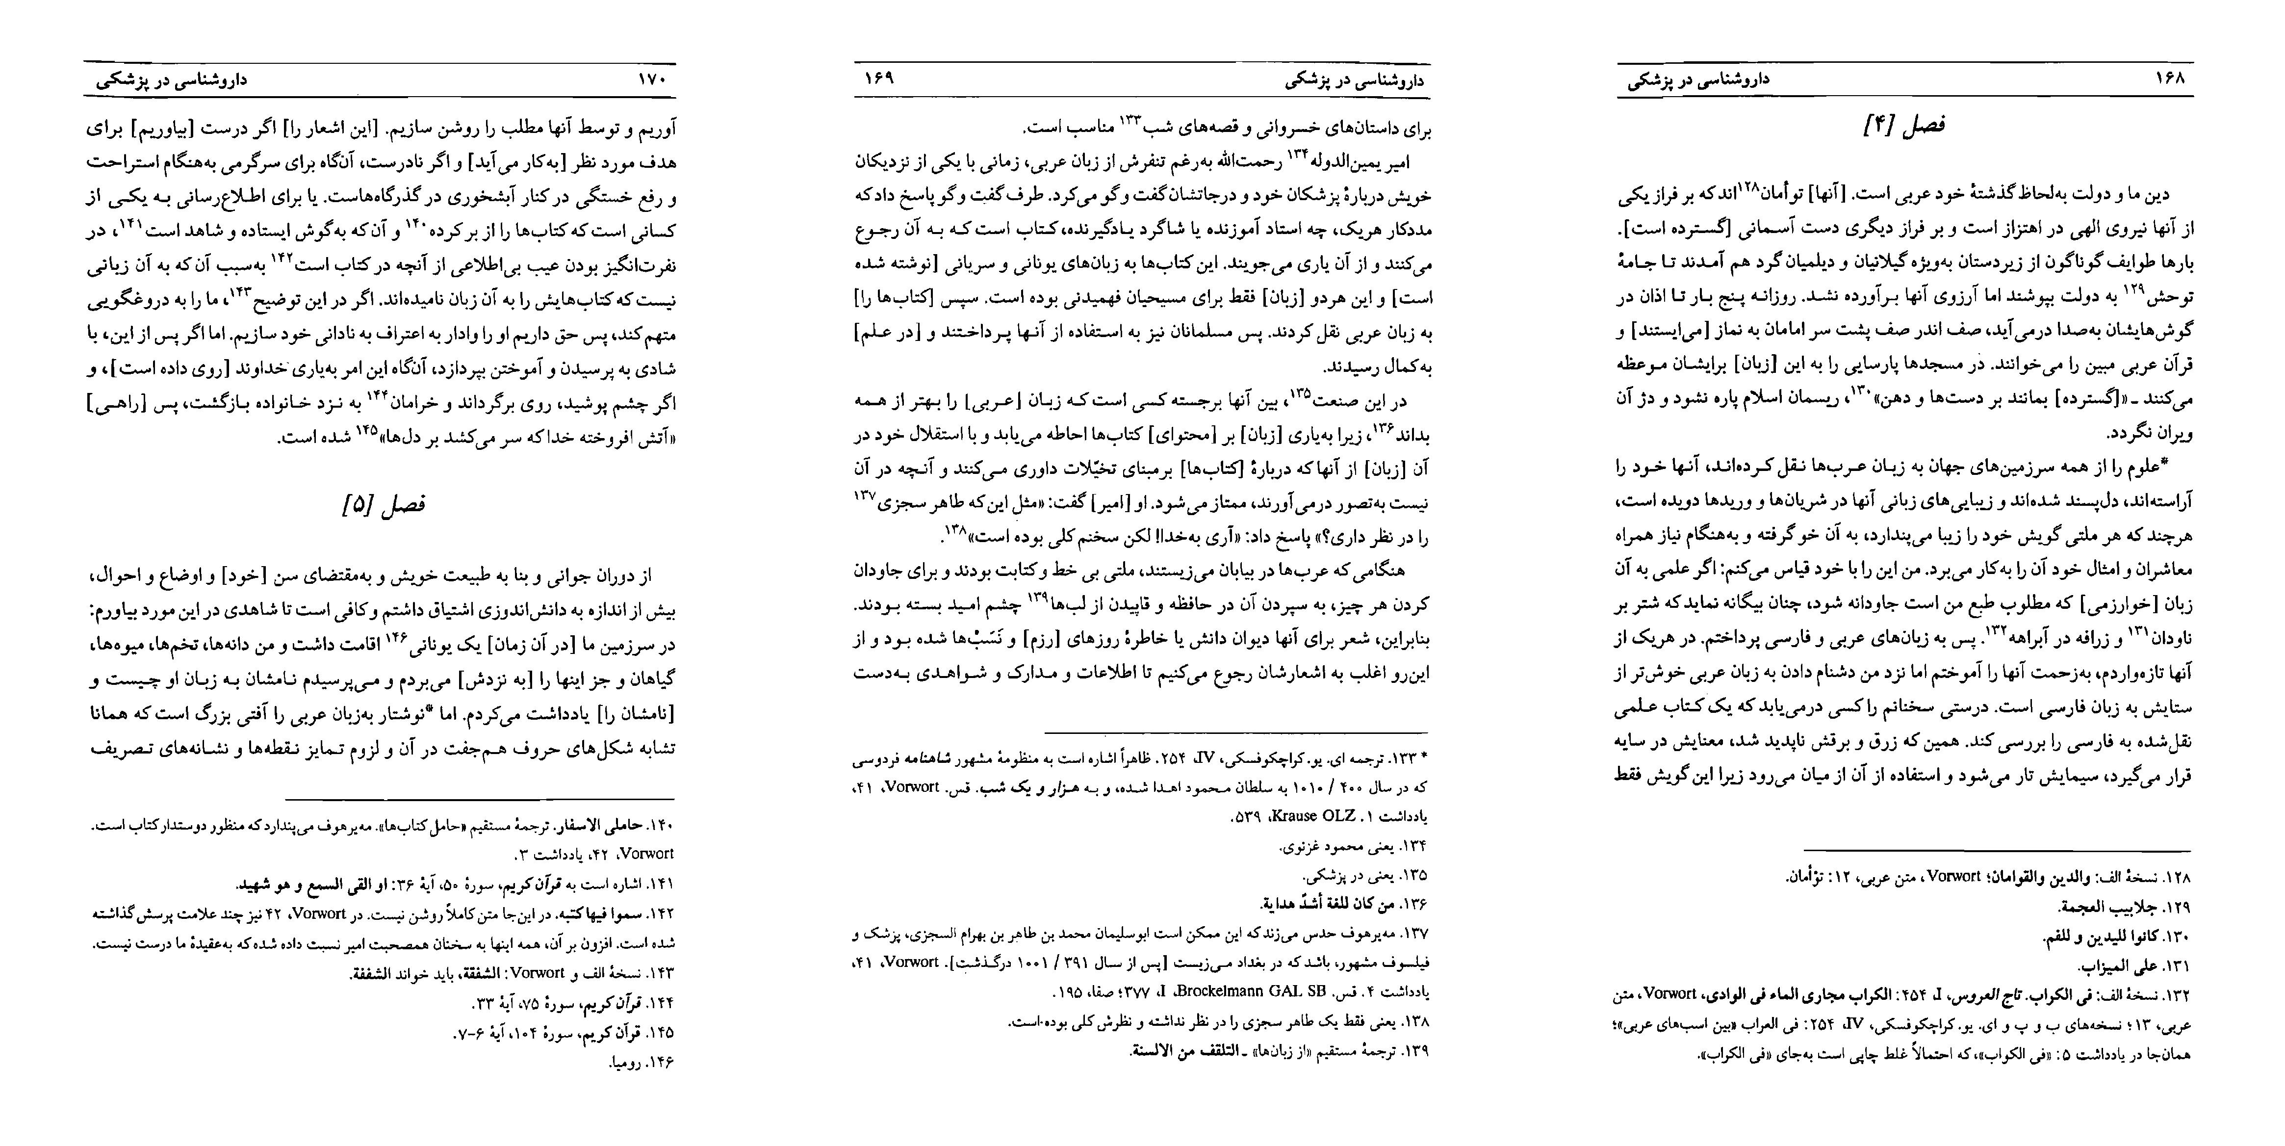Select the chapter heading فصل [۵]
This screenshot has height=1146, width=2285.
[x=383, y=506]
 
